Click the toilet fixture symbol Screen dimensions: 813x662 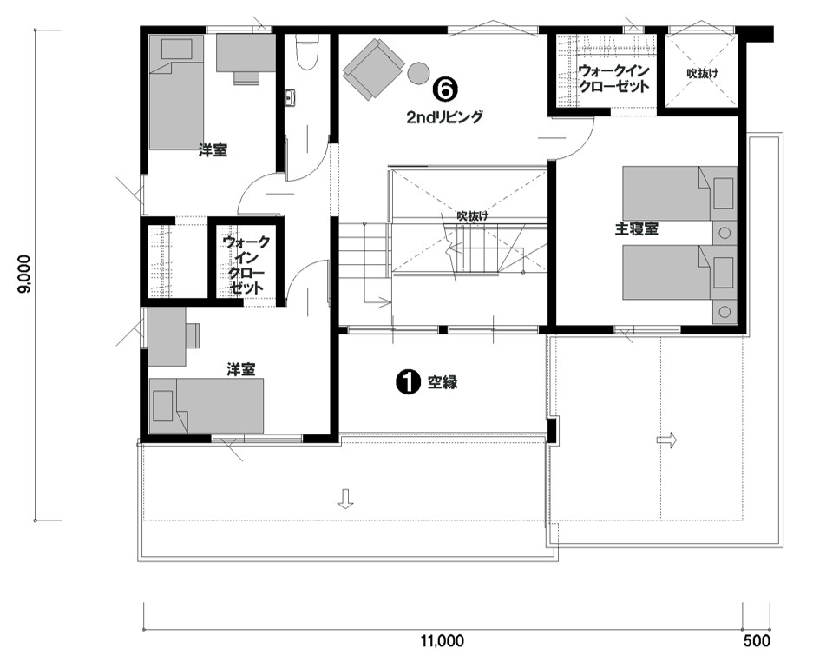(x=306, y=51)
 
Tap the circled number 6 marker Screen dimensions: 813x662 (x=446, y=89)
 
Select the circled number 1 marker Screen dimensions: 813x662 (x=407, y=382)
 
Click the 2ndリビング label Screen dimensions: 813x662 (x=444, y=117)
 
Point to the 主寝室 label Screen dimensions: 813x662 (x=637, y=229)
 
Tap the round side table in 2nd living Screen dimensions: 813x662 (x=418, y=73)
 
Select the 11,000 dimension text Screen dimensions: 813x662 (x=443, y=641)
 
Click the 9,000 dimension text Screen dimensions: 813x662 (x=24, y=275)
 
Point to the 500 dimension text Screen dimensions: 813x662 (x=757, y=641)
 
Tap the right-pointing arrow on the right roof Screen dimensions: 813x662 (x=666, y=440)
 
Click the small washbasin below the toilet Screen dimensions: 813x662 (x=290, y=97)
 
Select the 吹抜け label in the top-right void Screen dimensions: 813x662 (x=703, y=74)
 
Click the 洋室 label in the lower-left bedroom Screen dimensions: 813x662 (x=240, y=370)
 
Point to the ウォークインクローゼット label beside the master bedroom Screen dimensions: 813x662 (x=614, y=78)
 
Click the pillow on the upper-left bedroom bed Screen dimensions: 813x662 (x=176, y=50)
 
